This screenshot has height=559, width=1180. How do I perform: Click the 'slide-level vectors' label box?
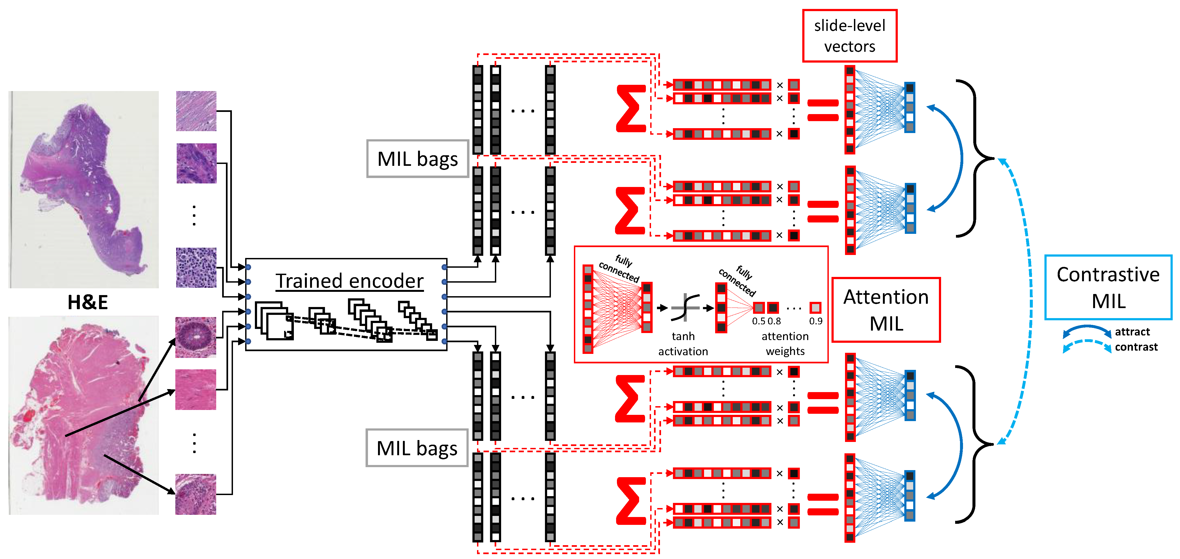click(849, 36)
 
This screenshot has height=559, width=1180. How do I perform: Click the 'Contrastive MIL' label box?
click(1108, 287)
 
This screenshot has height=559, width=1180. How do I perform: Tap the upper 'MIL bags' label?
click(417, 159)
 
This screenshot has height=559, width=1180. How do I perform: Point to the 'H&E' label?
click(87, 302)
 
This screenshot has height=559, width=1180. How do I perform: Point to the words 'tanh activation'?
click(683, 344)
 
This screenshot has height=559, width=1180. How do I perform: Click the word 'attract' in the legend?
click(1132, 332)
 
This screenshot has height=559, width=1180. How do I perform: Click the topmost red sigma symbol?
click(631, 109)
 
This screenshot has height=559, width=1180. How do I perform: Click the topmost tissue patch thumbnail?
click(196, 111)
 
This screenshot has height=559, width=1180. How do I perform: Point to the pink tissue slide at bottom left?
click(84, 415)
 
